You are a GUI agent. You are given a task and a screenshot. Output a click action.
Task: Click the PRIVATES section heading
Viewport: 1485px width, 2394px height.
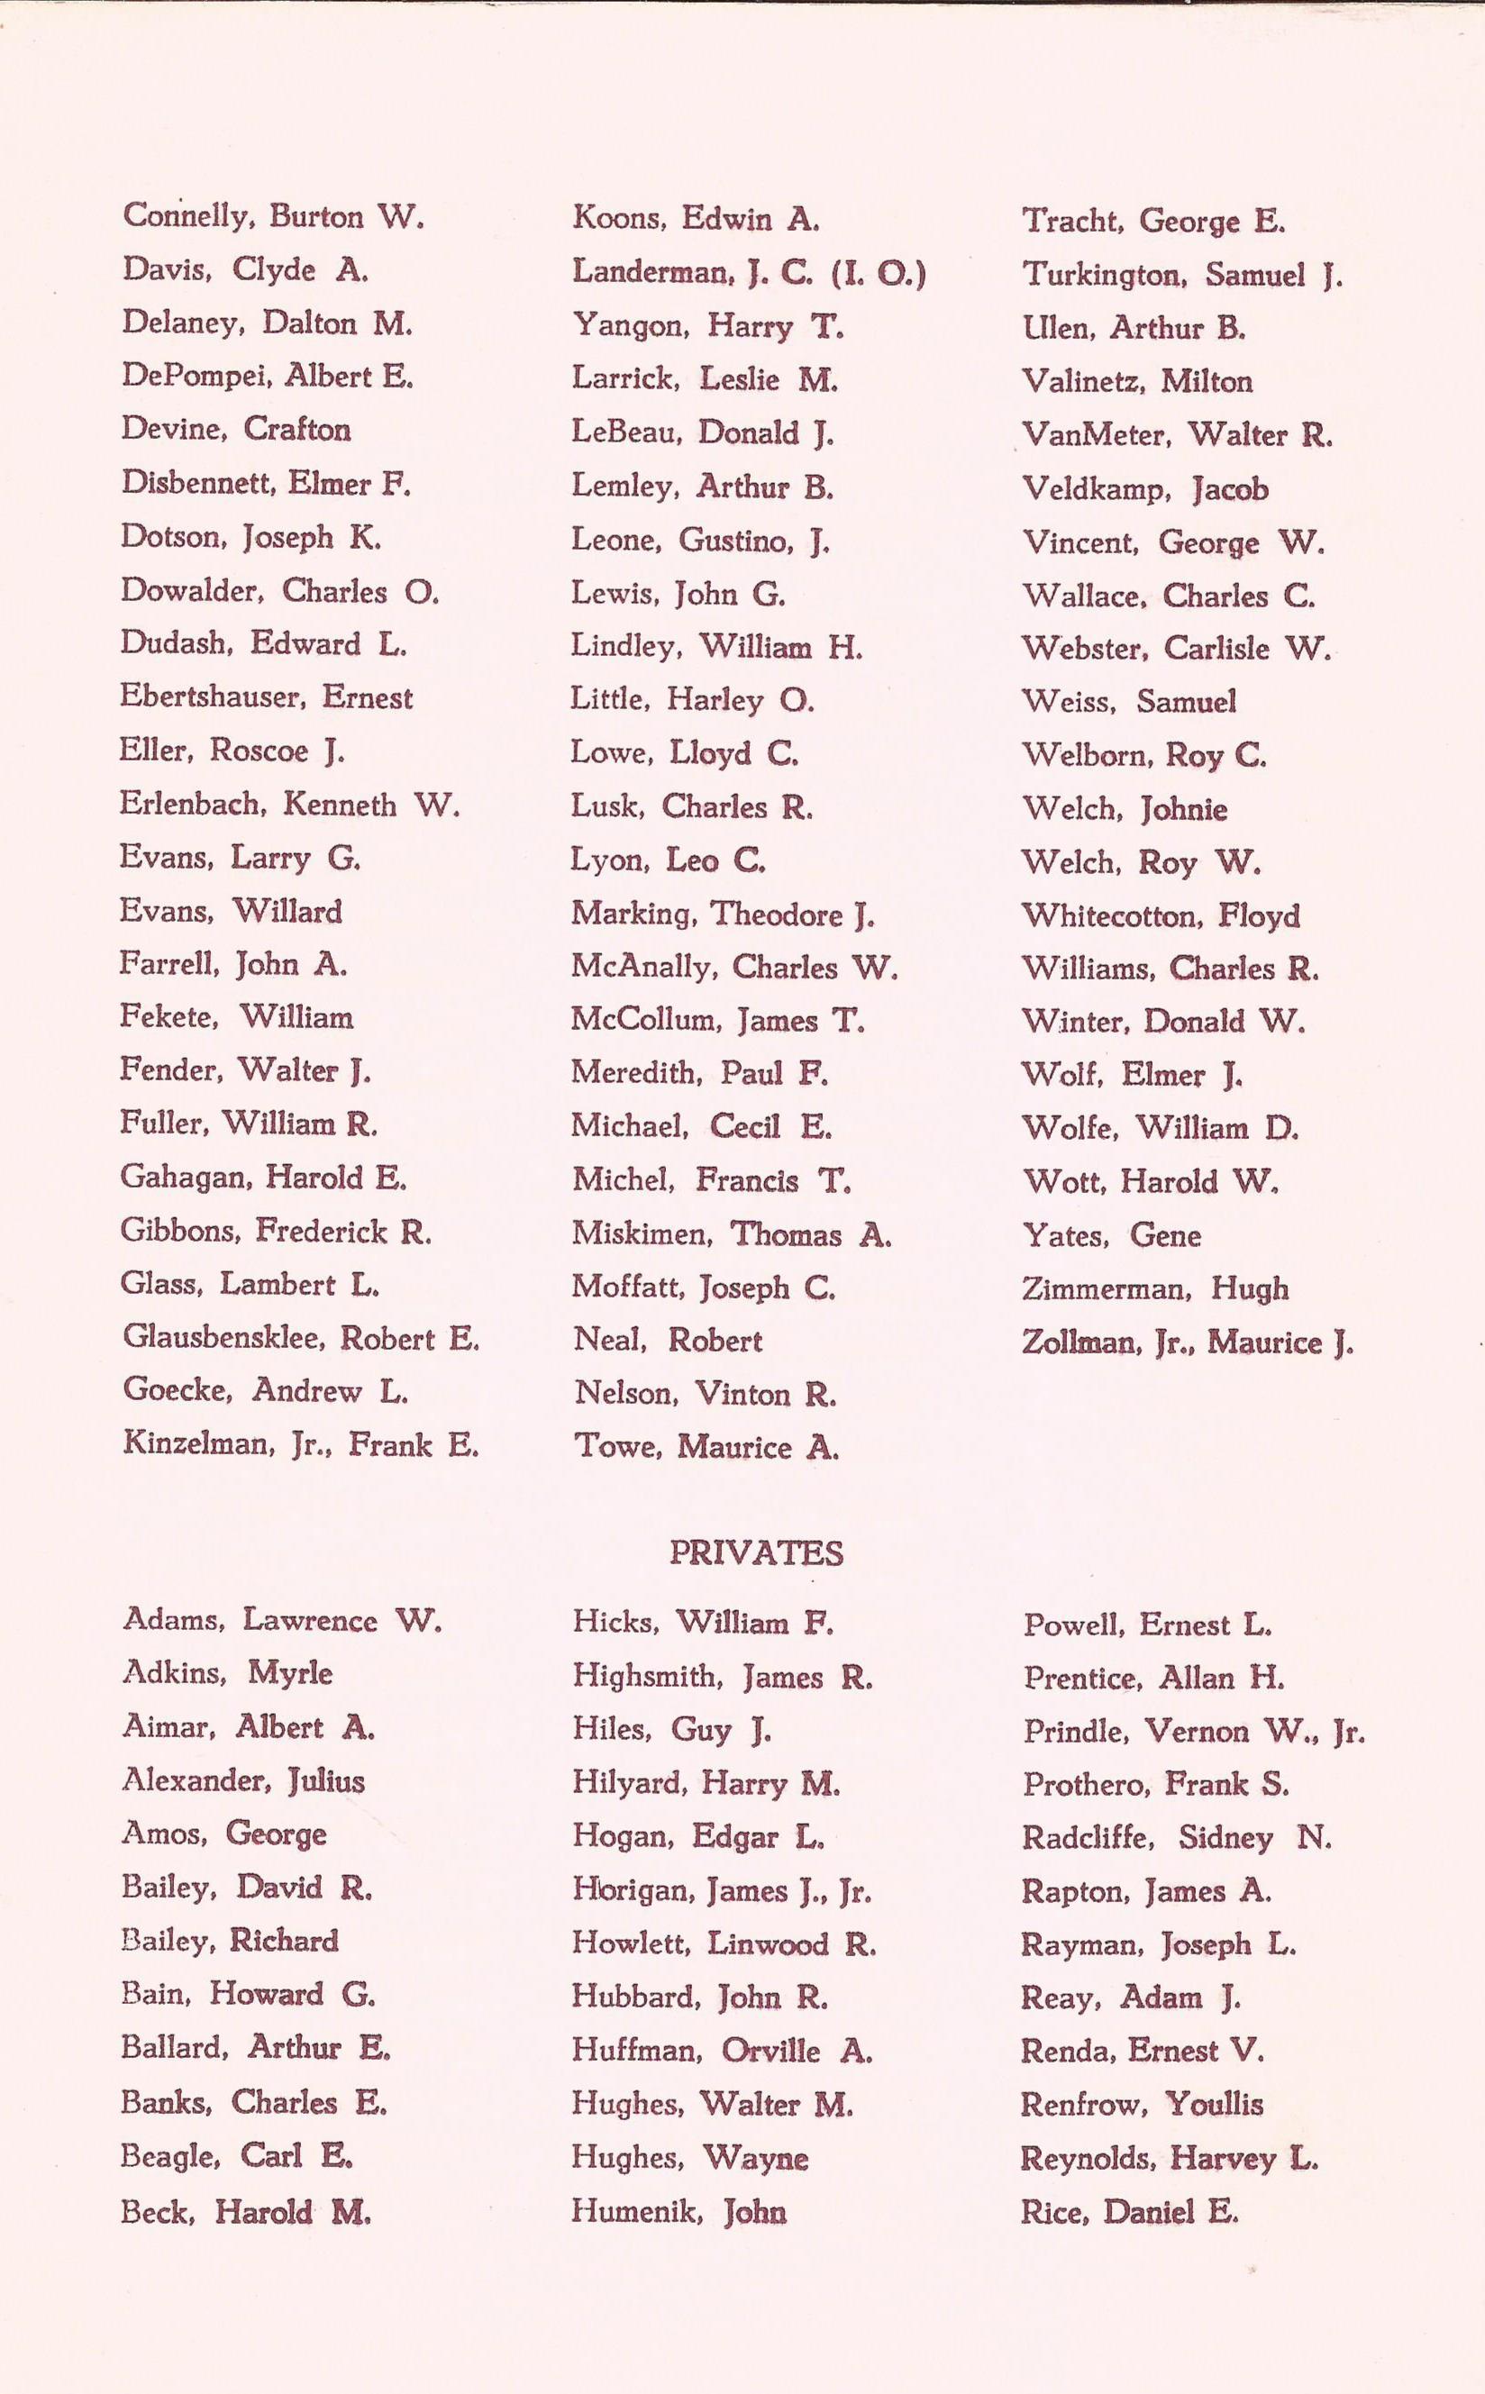(x=755, y=1553)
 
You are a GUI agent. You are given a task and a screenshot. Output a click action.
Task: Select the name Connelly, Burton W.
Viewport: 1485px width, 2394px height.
(x=273, y=216)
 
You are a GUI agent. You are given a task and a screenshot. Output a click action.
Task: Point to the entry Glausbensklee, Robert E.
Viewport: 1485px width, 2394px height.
(x=301, y=1338)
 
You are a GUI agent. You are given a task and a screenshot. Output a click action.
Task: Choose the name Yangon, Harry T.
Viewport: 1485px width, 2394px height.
(x=707, y=326)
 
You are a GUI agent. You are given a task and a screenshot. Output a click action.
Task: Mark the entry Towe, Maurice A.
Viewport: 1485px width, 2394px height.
(x=706, y=1447)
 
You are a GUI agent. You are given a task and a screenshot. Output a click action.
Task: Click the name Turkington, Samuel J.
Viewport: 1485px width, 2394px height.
(x=1181, y=275)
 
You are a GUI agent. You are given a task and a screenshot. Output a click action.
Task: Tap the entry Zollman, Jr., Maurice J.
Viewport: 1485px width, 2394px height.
(x=1188, y=1343)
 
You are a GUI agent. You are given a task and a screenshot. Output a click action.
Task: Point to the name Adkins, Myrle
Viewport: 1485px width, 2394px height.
(x=227, y=1673)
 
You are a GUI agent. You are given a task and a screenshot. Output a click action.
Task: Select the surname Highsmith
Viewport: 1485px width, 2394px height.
(x=644, y=1676)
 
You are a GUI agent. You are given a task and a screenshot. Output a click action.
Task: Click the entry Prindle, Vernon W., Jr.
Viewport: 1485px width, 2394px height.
(x=1193, y=1731)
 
